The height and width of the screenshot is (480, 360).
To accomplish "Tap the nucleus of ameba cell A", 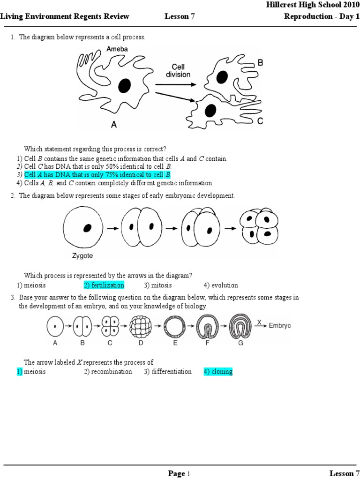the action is [x=124, y=85].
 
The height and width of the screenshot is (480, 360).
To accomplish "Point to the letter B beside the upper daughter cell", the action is [x=260, y=62].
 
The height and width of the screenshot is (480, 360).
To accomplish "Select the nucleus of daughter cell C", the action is [x=210, y=110].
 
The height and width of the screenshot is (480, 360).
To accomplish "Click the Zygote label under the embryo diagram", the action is [x=82, y=256].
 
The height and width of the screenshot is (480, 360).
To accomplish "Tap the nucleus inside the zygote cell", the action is [x=87, y=228].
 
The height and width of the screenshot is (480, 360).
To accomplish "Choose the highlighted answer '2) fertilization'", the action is [x=104, y=285].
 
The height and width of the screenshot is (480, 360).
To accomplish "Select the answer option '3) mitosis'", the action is [x=158, y=285].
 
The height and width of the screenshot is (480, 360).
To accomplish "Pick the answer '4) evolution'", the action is [x=221, y=285].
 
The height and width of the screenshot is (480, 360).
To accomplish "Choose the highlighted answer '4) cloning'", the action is [x=218, y=372].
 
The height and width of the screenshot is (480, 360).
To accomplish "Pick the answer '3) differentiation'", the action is [x=168, y=372].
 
